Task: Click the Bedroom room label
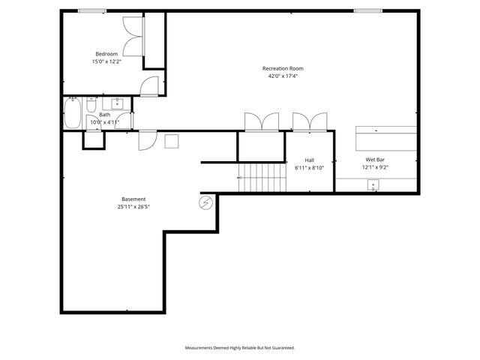[106, 53]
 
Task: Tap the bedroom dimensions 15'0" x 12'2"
[106, 61]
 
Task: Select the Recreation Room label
[283, 68]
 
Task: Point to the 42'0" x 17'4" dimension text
[283, 76]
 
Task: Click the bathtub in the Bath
[73, 115]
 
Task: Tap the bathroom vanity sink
[118, 103]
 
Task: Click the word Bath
[104, 115]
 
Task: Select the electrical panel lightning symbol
[205, 202]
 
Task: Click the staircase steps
[262, 178]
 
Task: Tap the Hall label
[309, 159]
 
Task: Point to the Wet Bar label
[375, 160]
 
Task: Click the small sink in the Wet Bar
[373, 185]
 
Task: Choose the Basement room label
[133, 199]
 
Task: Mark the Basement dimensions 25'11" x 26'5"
[133, 207]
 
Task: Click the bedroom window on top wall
[91, 10]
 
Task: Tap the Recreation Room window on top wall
[367, 10]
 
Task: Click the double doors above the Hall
[310, 122]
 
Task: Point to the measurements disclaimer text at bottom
[240, 348]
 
